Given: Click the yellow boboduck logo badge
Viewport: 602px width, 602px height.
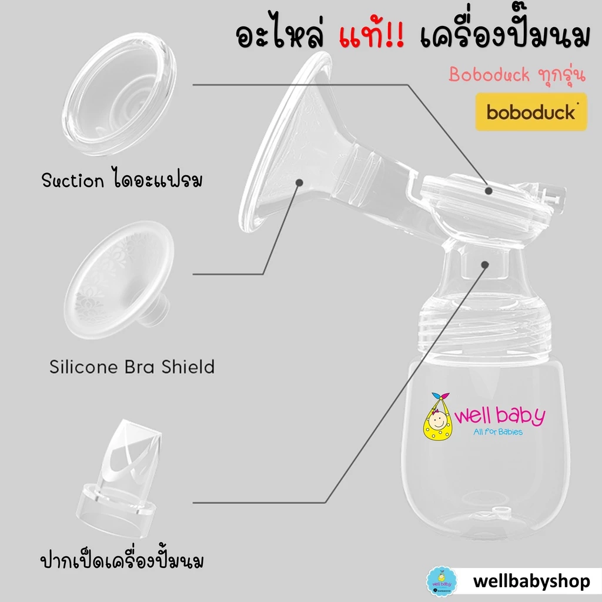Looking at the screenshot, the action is [531, 112].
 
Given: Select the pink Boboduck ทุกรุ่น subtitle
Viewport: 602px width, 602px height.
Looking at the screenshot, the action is [517, 75].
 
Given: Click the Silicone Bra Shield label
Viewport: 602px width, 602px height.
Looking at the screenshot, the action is [132, 367].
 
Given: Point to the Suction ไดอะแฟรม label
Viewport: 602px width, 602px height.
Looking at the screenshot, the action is [122, 179].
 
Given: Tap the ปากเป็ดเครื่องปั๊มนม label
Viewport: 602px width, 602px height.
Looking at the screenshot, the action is [122, 560].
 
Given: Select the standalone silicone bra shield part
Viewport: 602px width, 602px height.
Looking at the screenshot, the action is [119, 280].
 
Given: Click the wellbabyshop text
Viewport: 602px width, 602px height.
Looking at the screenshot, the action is [531, 581].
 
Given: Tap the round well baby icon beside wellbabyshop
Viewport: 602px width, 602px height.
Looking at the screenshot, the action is [442, 581].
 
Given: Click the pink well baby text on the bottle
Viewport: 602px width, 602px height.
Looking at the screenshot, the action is [500, 416].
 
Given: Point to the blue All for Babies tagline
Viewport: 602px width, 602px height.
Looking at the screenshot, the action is [498, 432].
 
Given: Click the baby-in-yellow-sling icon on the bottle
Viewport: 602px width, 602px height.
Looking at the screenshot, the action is [438, 417].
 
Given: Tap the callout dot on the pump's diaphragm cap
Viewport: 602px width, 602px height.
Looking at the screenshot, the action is [489, 191].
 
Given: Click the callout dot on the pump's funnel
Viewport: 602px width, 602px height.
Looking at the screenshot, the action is [299, 183].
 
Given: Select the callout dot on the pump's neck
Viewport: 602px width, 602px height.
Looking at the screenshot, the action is [485, 265].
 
